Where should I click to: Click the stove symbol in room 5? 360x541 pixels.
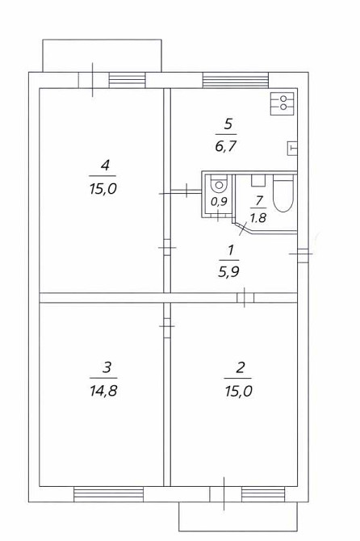283,103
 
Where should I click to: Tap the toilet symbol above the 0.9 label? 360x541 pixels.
218,183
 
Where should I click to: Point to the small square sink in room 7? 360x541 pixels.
258,181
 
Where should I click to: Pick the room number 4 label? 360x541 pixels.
104,166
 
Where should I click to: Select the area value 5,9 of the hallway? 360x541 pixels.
228,271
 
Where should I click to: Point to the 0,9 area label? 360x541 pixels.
218,203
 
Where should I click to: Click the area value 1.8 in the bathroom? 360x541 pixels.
257,216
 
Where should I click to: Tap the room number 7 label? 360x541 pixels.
257,199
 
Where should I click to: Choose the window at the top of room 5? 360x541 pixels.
224,80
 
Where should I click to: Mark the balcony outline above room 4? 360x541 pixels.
103,57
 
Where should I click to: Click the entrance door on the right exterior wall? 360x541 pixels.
300,254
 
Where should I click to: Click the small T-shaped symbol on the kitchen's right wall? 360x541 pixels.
291,148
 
